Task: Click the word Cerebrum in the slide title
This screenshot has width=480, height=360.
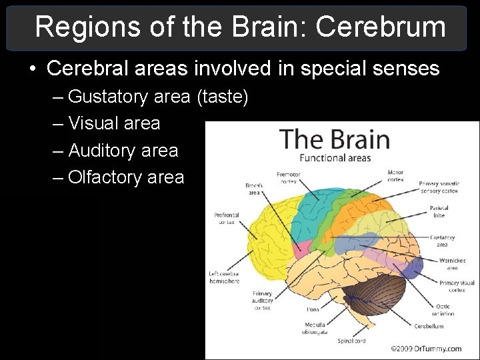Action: [381, 27]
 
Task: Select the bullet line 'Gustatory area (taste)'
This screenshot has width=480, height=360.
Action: [158, 97]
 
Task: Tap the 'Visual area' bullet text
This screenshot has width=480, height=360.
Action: [114, 123]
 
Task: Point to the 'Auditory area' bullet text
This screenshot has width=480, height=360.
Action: [123, 151]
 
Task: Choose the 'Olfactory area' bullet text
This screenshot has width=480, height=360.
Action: [126, 177]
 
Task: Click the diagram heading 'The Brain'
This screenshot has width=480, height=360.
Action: [335, 139]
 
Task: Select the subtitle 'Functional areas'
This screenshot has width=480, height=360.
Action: [335, 158]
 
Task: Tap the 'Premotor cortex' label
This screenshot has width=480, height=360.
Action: [288, 177]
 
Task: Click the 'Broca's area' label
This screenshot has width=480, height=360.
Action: [254, 189]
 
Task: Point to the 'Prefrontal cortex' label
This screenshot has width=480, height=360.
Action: [227, 219]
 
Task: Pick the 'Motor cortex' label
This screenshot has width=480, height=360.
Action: [395, 175]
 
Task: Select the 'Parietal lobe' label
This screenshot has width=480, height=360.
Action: [439, 211]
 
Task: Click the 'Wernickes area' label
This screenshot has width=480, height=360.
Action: [452, 264]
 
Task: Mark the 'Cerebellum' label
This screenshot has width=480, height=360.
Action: [429, 327]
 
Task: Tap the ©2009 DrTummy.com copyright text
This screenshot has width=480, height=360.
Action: [427, 348]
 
